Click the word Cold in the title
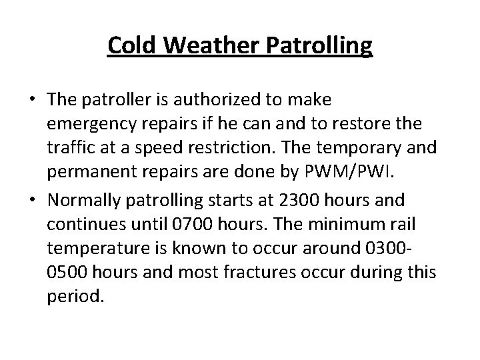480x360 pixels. point(132,46)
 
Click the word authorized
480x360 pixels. point(218,100)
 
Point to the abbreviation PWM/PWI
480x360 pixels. point(360,172)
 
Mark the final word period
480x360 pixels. point(76,296)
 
